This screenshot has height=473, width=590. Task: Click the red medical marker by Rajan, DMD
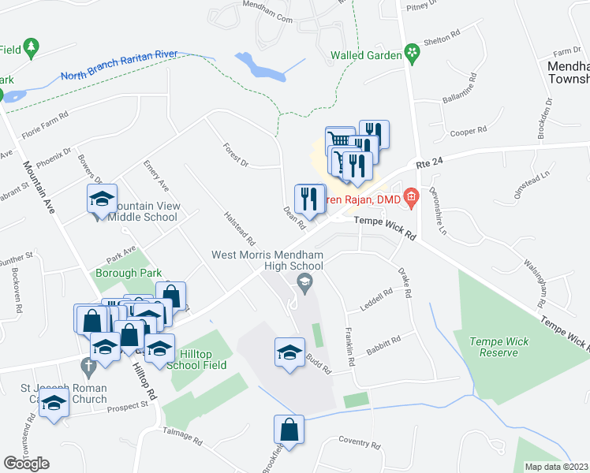click(410, 196)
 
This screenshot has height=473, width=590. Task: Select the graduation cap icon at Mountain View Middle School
click(102, 200)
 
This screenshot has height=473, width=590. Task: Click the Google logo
click(26, 464)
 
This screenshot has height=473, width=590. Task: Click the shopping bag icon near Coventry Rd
click(289, 430)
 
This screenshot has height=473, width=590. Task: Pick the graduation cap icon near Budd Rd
click(289, 352)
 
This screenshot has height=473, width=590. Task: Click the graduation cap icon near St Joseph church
click(54, 404)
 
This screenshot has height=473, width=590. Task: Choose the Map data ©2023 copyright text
click(557, 467)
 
